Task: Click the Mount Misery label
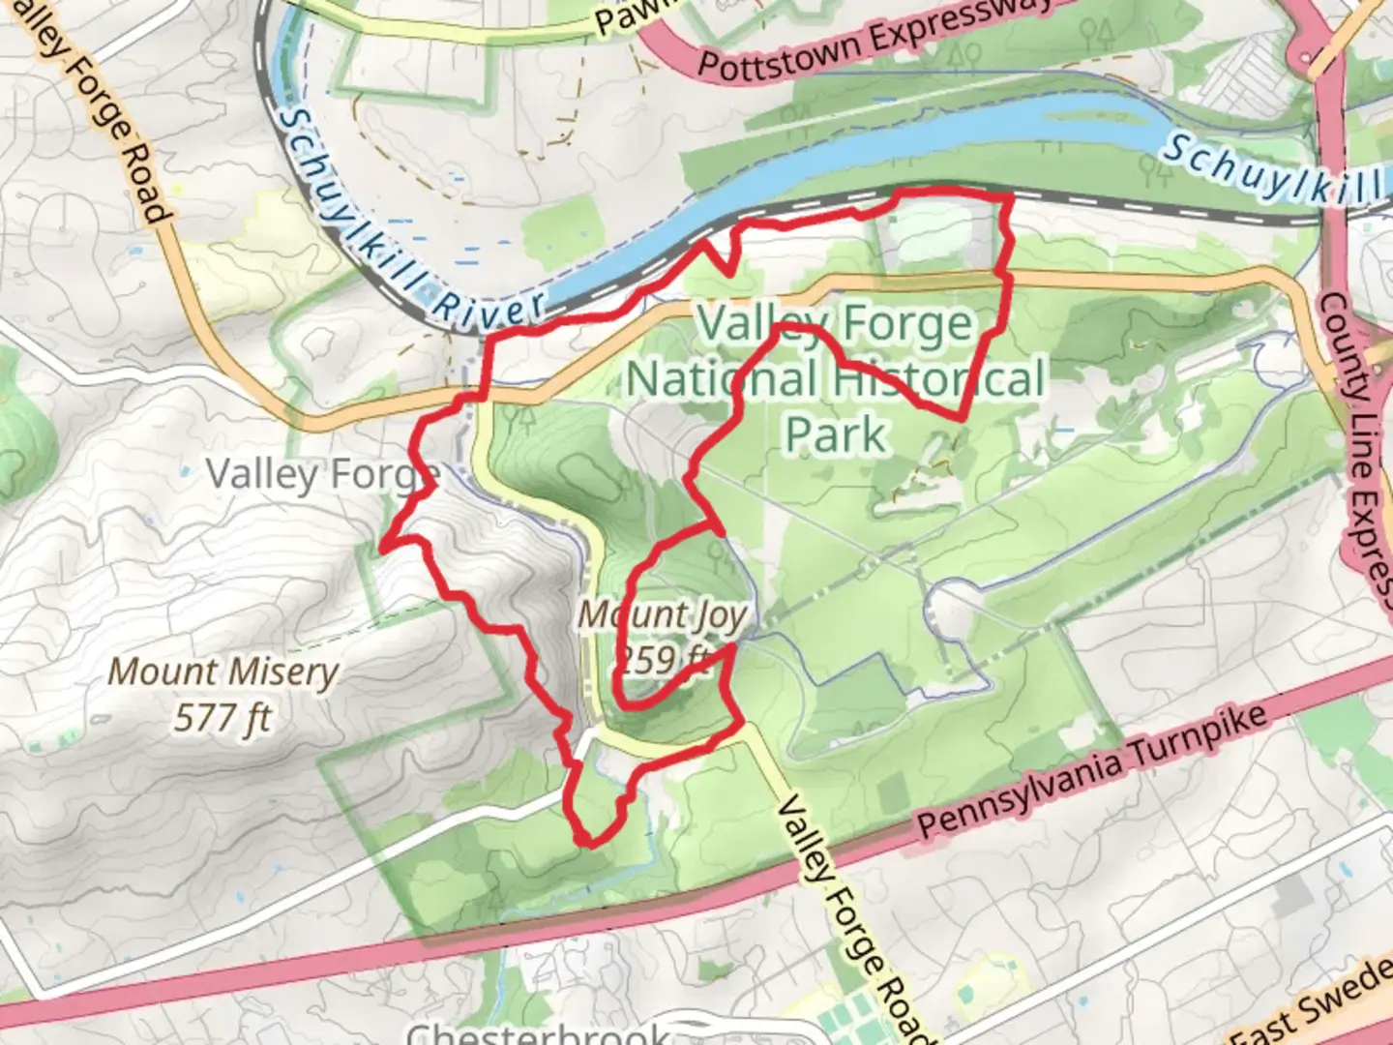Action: coord(222,672)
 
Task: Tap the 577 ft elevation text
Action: coord(222,718)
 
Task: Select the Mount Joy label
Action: coord(663,614)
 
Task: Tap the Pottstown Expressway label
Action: coord(873,41)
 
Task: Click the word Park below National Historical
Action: coord(835,434)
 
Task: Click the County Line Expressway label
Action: coord(1362,445)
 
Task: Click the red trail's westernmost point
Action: coord(383,548)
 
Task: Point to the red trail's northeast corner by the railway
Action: coord(1010,197)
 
